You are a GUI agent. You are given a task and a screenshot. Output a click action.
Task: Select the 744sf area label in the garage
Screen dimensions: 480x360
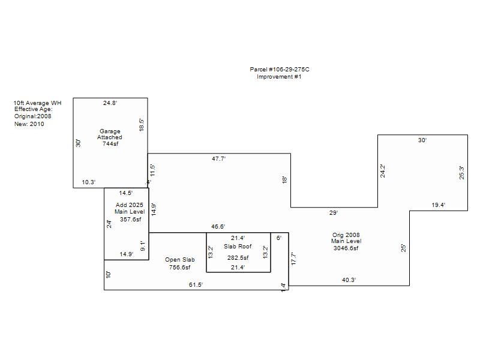[x=110, y=143]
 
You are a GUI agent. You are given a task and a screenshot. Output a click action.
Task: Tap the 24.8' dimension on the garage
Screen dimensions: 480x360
[x=110, y=103]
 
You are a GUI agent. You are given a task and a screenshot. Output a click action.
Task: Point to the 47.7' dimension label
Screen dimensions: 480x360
[x=219, y=158]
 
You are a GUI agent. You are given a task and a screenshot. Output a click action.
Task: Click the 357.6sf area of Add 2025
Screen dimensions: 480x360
[x=131, y=219]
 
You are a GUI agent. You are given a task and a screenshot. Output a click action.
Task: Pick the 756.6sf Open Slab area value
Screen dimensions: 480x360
[x=179, y=267]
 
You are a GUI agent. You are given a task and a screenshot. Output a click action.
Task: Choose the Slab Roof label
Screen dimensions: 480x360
[x=238, y=247]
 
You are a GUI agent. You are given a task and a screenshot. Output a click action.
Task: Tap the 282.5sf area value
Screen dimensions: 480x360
[x=238, y=258]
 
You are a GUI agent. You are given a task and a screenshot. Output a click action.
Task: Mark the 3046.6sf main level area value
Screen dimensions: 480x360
[x=346, y=248]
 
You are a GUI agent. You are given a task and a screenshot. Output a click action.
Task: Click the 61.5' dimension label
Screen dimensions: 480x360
[x=196, y=284]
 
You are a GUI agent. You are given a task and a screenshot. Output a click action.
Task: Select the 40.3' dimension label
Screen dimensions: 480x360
[x=349, y=280]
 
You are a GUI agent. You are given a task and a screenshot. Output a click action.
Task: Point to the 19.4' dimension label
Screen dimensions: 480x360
[x=439, y=205]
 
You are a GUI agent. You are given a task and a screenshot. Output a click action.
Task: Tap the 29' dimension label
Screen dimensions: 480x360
[x=334, y=212]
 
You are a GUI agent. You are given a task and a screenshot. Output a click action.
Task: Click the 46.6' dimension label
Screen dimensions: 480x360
[x=218, y=227]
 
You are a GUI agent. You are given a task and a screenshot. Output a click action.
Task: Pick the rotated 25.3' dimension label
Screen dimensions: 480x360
[x=461, y=172]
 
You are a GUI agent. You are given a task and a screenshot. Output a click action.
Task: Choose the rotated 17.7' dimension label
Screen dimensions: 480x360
[x=293, y=259]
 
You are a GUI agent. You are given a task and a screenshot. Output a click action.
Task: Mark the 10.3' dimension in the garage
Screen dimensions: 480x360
[x=89, y=182]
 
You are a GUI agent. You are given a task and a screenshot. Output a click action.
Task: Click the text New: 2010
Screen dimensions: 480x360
[x=29, y=124]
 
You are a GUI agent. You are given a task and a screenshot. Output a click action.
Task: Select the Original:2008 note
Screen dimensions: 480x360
[x=33, y=116]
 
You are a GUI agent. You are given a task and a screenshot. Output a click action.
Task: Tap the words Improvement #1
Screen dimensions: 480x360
[x=279, y=77]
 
